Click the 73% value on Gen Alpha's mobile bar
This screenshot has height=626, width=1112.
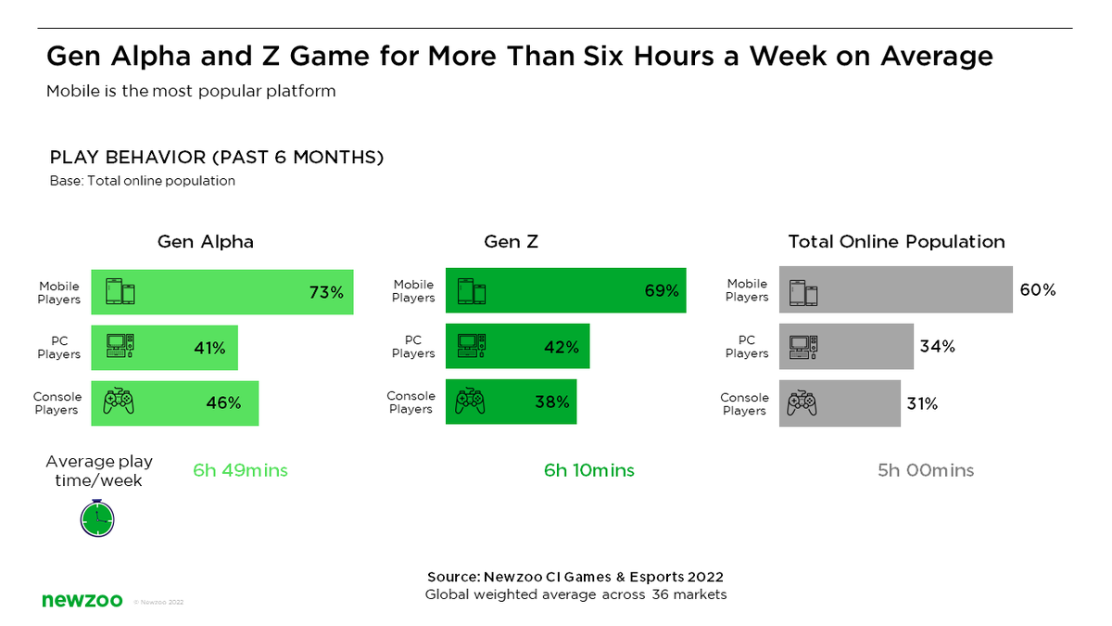(326, 292)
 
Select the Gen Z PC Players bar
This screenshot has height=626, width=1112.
(517, 347)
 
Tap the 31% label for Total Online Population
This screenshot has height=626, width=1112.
(922, 403)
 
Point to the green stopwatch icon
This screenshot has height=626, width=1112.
(97, 518)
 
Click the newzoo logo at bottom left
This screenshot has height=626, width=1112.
(82, 601)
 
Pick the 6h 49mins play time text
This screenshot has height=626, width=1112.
(240, 470)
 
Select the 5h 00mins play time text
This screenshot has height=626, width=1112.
(926, 470)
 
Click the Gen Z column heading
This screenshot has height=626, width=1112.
(511, 241)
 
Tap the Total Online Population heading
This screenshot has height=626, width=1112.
(896, 241)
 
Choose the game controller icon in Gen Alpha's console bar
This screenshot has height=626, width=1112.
(118, 402)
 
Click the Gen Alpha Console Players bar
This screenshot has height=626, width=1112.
(174, 403)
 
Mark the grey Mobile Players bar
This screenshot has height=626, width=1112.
(895, 289)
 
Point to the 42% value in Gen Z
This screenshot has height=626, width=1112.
(562, 347)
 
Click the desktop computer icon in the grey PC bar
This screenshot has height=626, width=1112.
(802, 347)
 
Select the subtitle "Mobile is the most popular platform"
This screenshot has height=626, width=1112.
(191, 92)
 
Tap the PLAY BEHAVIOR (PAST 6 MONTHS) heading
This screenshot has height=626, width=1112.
(217, 158)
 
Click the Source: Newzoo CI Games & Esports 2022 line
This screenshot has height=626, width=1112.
(575, 577)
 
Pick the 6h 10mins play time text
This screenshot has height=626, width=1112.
(589, 470)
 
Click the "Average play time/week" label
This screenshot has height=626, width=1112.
(99, 470)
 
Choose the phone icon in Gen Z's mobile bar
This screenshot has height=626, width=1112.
(472, 291)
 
